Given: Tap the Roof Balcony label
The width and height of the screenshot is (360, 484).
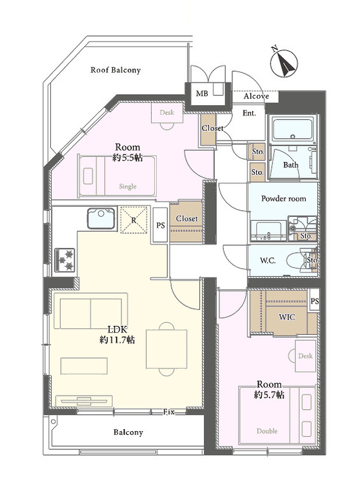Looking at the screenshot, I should pos(115,70).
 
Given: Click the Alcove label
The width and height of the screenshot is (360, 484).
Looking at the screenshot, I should pos(256,97).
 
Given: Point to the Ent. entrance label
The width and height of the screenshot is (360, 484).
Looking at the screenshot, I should pos(249,113).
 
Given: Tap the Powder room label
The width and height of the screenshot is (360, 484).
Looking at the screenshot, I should pos(283,199).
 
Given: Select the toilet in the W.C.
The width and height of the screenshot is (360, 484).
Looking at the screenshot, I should pos(297,260).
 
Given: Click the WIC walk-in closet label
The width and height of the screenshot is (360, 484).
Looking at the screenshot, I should pos(287,317).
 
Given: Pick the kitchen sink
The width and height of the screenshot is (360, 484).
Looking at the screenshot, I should pos(101,218).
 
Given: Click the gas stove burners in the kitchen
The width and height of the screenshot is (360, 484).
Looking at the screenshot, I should pos(65,259).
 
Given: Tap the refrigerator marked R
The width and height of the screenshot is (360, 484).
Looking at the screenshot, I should pos(133,219).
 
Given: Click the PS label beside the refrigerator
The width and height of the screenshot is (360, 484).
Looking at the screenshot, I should pos(160,225).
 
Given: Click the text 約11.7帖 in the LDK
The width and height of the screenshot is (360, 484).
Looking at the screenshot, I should pos(117,339).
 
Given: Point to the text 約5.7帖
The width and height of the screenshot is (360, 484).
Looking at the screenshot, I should pos(268,394).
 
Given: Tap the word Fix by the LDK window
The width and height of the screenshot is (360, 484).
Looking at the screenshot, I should pos(169,411).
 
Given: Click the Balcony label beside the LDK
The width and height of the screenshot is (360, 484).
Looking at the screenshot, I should pos(128,432).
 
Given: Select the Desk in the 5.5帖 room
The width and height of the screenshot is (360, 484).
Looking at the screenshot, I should pos(166,113).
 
